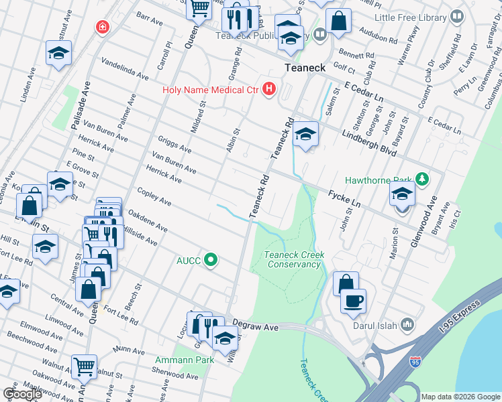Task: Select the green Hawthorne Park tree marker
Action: click(422, 180)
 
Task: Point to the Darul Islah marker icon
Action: click(407, 326)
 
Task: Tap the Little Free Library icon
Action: click(457, 16)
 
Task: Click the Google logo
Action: click(22, 394)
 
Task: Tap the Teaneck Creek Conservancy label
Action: click(292, 259)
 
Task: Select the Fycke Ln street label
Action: click(344, 198)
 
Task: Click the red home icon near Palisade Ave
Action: click(102, 27)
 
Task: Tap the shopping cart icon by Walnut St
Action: click(84, 366)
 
